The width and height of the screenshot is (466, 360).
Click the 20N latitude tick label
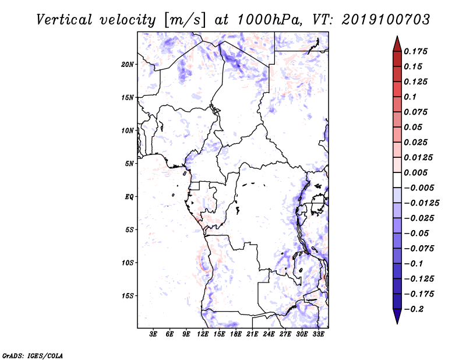click(x=128, y=65)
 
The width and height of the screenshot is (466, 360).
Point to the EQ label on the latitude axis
click(x=129, y=197)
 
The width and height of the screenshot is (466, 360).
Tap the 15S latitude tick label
click(x=128, y=296)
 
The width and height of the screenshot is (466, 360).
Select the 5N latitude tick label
click(x=129, y=164)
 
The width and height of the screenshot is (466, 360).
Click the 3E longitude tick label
click(x=153, y=334)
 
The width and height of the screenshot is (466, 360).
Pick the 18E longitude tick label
click(x=236, y=334)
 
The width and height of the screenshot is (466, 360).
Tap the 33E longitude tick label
click(x=318, y=334)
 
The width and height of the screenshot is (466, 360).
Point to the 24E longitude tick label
click(x=269, y=334)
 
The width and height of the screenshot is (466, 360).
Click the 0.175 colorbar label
click(x=415, y=51)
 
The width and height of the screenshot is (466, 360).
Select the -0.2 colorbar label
click(x=414, y=309)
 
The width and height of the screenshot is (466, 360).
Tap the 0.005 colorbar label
click(x=415, y=172)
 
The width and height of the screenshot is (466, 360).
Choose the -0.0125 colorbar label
click(x=421, y=203)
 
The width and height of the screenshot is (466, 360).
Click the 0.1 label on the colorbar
click(x=410, y=97)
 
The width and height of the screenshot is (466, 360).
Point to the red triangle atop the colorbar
click(x=397, y=44)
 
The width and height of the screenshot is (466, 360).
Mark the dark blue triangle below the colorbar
click(x=397, y=316)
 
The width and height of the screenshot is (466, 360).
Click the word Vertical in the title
click(x=64, y=20)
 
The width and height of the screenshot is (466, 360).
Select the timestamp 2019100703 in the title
click(x=386, y=20)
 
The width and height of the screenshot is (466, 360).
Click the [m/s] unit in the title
click(x=184, y=20)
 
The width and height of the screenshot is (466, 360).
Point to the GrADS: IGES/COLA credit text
click(x=33, y=356)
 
